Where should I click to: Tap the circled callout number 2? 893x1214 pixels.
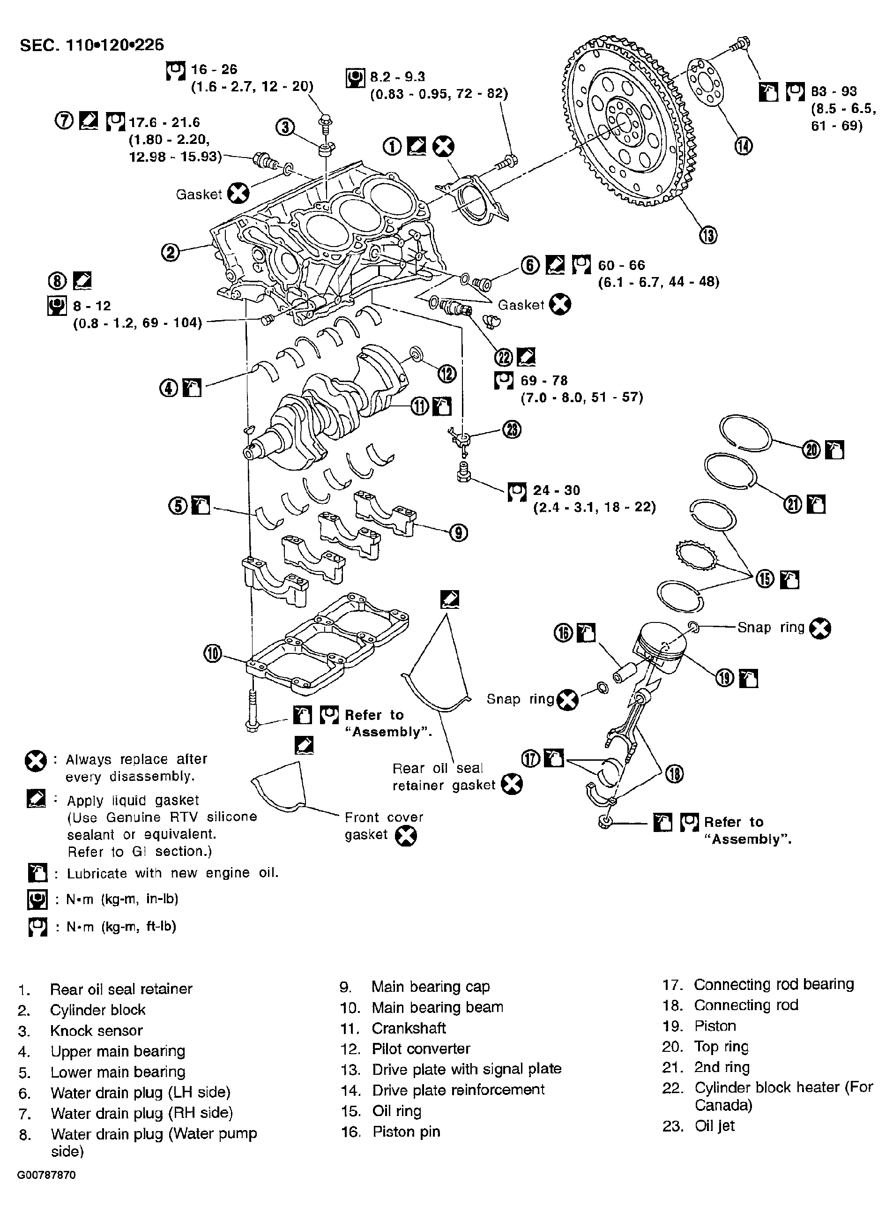click(170, 253)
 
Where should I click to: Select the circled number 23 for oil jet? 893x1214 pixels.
click(511, 429)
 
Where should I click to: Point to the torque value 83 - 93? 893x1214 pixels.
click(833, 91)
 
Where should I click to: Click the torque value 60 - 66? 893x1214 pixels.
click(621, 265)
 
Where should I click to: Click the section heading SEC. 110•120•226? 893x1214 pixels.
click(92, 45)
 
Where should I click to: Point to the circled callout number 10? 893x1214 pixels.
click(212, 654)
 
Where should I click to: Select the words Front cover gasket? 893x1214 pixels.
click(384, 826)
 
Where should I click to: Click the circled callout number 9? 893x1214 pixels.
click(458, 533)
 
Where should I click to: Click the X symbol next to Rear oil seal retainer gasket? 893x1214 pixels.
click(511, 785)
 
